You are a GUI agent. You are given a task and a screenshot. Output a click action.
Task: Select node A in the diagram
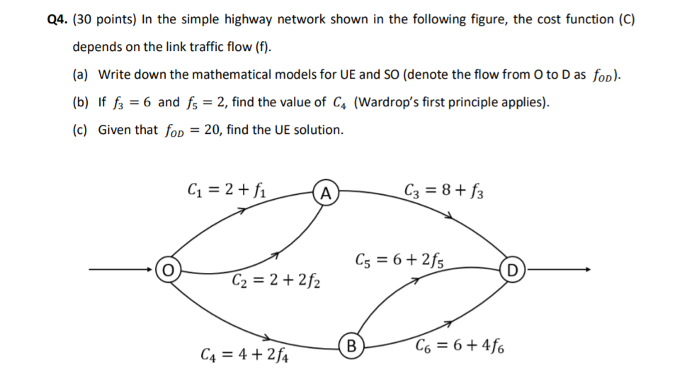(325, 193)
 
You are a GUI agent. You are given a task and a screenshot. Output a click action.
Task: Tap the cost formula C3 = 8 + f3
(443, 189)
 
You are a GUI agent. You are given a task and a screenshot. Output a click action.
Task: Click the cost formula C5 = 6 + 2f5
(405, 260)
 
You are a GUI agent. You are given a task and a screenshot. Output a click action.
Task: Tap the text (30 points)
(104, 20)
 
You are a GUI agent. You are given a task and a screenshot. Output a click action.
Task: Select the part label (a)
(81, 74)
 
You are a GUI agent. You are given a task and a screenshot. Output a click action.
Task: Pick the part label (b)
(81, 102)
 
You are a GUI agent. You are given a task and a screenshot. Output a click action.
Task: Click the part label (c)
(81, 130)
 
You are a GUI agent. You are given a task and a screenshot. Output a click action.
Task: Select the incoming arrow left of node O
(120, 270)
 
